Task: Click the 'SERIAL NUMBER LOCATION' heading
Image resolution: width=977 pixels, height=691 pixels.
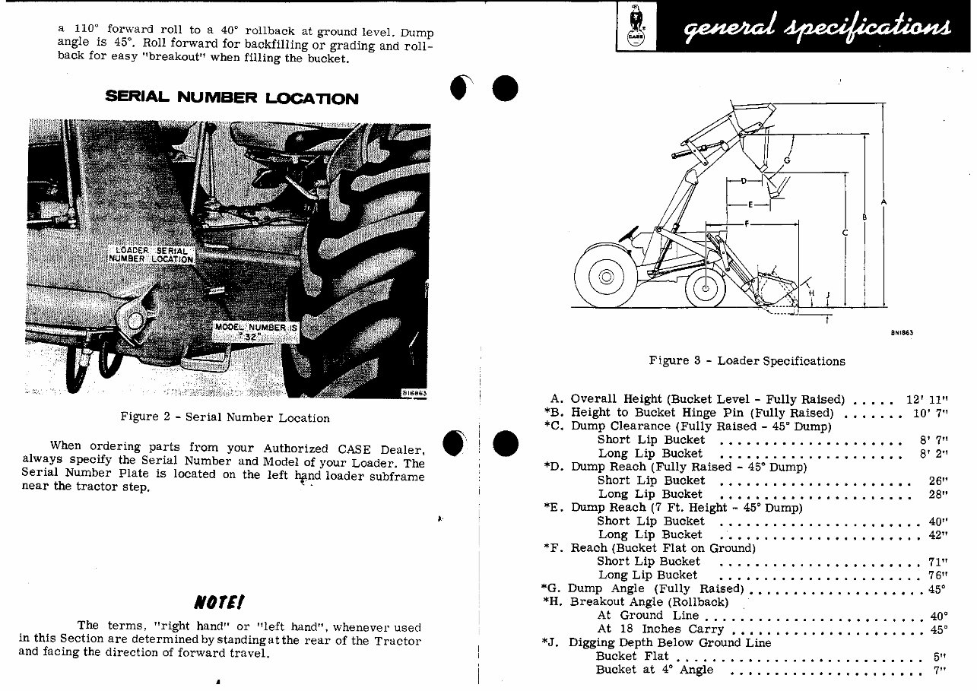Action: tap(231, 98)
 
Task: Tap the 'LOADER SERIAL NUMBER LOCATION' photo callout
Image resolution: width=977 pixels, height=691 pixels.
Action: tap(152, 255)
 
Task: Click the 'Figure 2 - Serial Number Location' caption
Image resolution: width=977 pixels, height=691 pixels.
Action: tap(225, 417)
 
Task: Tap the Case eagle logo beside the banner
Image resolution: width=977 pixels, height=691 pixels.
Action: tap(633, 27)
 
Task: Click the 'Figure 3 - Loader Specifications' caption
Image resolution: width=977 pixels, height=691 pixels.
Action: tap(747, 361)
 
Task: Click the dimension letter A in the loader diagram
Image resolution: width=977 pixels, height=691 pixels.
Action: tap(883, 202)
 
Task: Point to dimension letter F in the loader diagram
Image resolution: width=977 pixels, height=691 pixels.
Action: tap(747, 223)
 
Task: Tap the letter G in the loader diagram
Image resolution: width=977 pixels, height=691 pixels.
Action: tap(786, 160)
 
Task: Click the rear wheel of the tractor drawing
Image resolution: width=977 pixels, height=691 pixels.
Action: tap(606, 276)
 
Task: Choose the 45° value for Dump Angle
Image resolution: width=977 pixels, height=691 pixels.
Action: tap(937, 588)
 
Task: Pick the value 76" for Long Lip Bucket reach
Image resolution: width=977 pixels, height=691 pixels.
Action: tap(937, 575)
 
